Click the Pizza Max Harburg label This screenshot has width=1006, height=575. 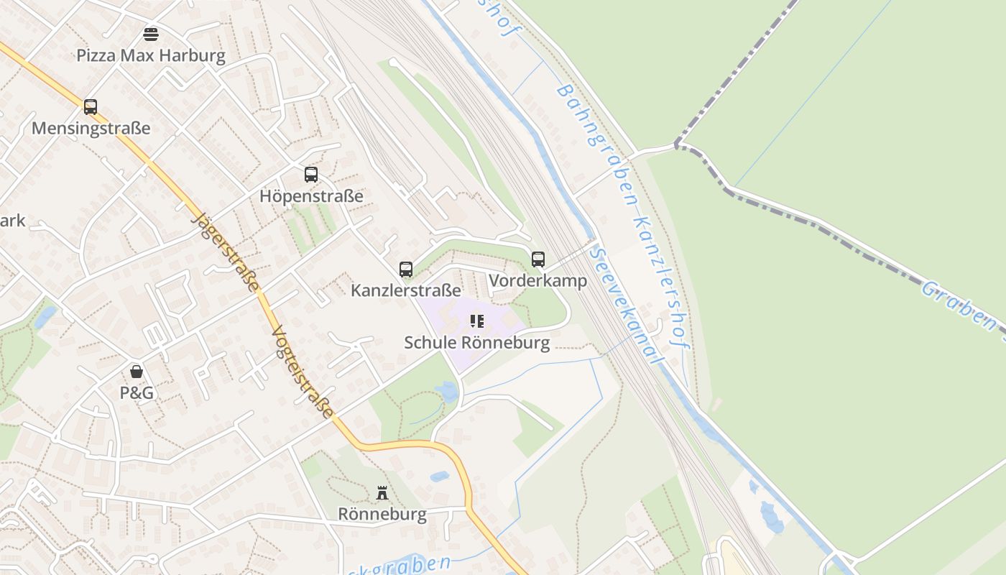[x=151, y=55]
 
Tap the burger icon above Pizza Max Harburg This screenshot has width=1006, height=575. [x=151, y=34]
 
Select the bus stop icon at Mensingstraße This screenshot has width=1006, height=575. [x=91, y=107]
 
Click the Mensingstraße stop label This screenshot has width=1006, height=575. [x=91, y=129]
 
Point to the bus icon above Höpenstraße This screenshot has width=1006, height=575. [x=311, y=175]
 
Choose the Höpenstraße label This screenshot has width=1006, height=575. [x=311, y=196]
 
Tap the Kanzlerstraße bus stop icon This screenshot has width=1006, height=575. [x=406, y=270]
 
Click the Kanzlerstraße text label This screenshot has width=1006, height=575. [x=406, y=290]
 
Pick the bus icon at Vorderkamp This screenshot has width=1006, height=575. [x=538, y=259]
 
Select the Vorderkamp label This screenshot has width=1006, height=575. [x=538, y=281]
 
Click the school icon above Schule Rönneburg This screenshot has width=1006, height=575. [x=477, y=321]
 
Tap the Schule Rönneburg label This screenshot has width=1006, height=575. [x=477, y=343]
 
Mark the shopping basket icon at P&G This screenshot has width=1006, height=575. [x=137, y=372]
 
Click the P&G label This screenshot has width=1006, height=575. [x=137, y=393]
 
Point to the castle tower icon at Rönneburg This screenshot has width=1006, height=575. [x=382, y=493]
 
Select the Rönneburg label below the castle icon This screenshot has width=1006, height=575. [x=382, y=515]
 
